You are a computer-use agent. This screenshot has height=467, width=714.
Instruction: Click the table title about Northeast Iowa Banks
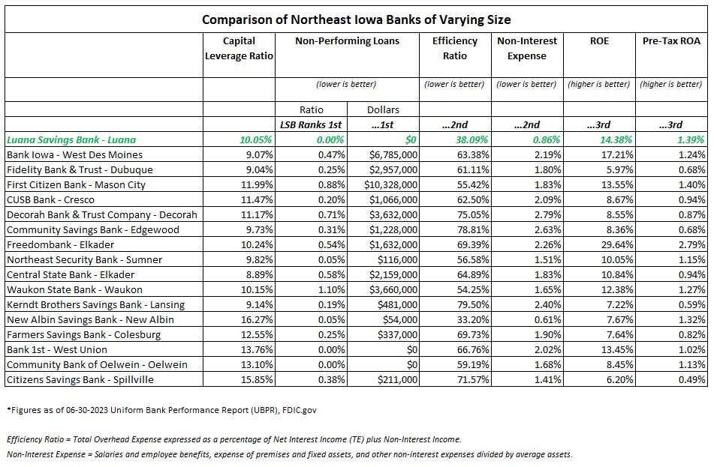(x=356, y=19)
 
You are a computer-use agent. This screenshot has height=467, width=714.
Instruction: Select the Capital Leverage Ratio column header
(x=239, y=48)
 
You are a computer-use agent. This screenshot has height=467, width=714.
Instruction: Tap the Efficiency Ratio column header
(x=455, y=48)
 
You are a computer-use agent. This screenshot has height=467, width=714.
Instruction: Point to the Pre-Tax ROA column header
(x=671, y=41)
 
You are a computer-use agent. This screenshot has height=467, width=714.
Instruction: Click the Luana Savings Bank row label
(x=71, y=139)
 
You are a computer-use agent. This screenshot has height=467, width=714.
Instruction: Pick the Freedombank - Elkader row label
(x=61, y=244)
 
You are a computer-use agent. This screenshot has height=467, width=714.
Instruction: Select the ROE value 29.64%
(x=616, y=244)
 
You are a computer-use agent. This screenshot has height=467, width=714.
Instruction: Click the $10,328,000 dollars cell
(x=390, y=184)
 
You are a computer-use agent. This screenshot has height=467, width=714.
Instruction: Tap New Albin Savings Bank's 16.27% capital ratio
(x=257, y=319)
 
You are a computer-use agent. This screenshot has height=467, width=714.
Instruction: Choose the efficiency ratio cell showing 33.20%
(x=473, y=319)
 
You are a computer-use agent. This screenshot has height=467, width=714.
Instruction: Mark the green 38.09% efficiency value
(x=471, y=139)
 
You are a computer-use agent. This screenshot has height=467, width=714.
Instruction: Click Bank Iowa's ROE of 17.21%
(x=616, y=154)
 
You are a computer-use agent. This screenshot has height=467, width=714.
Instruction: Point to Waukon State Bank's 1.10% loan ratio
(x=332, y=289)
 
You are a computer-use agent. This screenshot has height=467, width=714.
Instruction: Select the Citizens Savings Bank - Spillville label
(x=80, y=380)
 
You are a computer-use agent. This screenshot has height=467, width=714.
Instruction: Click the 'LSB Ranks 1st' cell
(x=311, y=124)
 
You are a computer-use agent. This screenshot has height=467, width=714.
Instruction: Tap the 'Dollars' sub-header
(x=383, y=109)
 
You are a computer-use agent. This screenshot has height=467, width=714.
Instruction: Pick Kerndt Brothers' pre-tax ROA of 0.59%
(x=691, y=304)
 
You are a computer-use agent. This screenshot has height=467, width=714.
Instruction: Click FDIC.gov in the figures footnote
(x=299, y=410)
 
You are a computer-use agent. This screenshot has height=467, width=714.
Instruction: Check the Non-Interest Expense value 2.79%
(x=548, y=214)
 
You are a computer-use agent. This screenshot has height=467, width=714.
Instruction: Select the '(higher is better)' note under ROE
(x=599, y=84)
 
